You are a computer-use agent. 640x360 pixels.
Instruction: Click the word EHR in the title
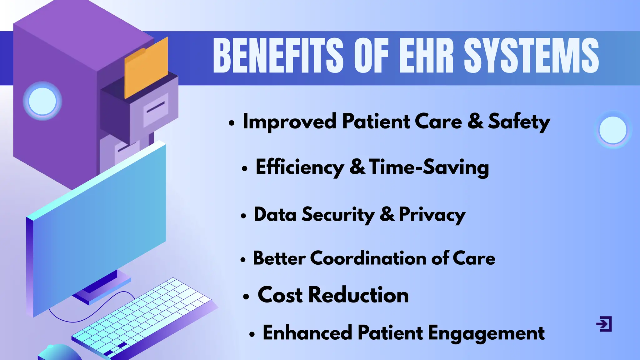(426, 56)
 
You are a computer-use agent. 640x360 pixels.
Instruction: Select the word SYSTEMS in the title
(531, 56)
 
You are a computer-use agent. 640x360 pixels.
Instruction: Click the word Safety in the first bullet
(519, 122)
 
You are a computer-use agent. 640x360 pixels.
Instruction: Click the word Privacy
(432, 215)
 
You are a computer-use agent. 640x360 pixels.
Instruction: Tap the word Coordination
(368, 258)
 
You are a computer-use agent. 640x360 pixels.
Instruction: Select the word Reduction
(358, 295)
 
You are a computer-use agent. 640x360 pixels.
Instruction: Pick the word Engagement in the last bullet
(486, 333)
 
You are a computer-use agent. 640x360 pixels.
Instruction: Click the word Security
(338, 215)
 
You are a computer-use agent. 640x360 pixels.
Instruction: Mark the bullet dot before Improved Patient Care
(231, 123)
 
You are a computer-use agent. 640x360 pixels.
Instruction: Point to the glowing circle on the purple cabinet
(42, 101)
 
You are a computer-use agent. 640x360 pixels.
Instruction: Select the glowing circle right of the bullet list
(613, 130)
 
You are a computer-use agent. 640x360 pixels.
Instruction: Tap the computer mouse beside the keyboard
(59, 353)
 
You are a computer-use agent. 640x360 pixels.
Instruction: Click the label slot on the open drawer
(156, 108)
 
